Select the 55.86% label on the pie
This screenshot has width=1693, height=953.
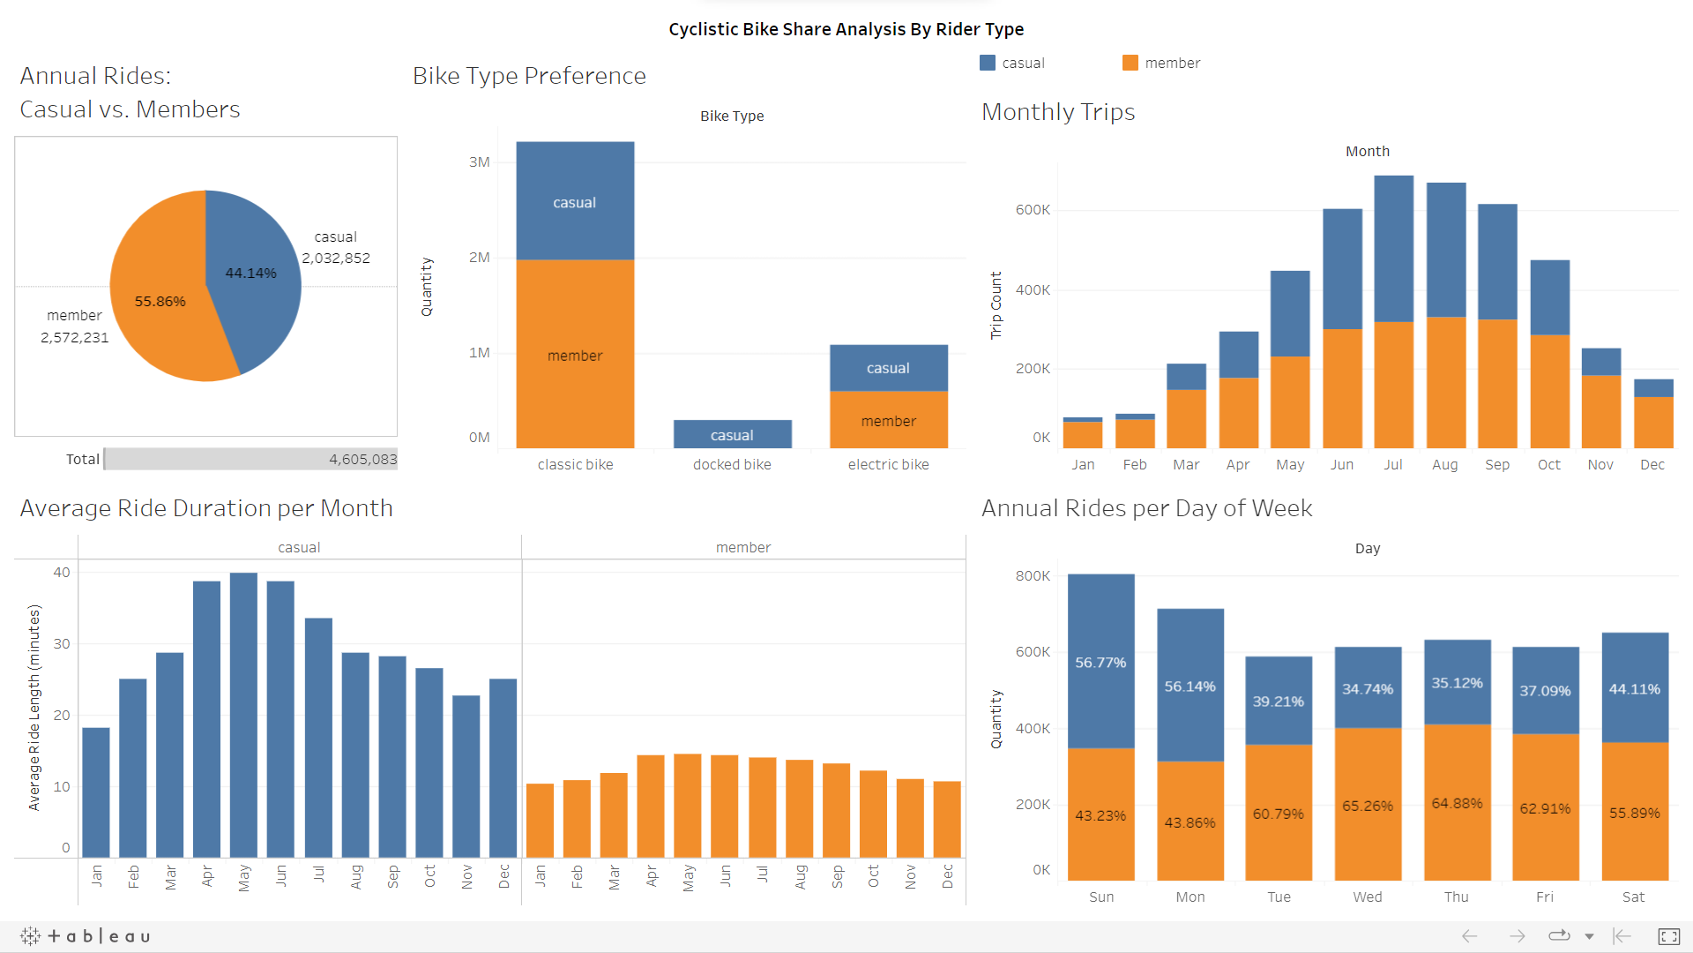tap(160, 302)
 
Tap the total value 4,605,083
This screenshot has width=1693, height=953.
tap(362, 459)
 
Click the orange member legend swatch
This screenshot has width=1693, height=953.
tap(1130, 63)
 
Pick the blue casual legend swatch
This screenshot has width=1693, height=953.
tap(988, 63)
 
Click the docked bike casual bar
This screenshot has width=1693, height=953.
tap(732, 434)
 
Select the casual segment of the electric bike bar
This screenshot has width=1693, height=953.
tap(888, 368)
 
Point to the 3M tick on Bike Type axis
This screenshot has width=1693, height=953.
tap(479, 162)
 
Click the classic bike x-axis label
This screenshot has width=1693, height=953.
tap(575, 464)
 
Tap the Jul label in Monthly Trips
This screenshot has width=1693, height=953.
tap(1392, 464)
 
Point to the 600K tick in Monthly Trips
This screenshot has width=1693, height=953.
tap(1033, 210)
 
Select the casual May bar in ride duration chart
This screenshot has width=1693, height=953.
tap(243, 715)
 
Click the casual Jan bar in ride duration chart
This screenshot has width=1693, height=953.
tap(96, 792)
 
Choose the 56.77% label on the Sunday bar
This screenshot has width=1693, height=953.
tap(1100, 663)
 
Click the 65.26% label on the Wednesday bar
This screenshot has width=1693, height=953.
tap(1367, 806)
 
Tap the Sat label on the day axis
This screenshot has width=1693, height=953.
tap(1633, 897)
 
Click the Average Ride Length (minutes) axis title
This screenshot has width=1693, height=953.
tap(34, 707)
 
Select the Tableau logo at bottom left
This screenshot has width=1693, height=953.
tap(86, 935)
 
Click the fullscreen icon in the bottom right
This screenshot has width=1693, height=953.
tap(1668, 936)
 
